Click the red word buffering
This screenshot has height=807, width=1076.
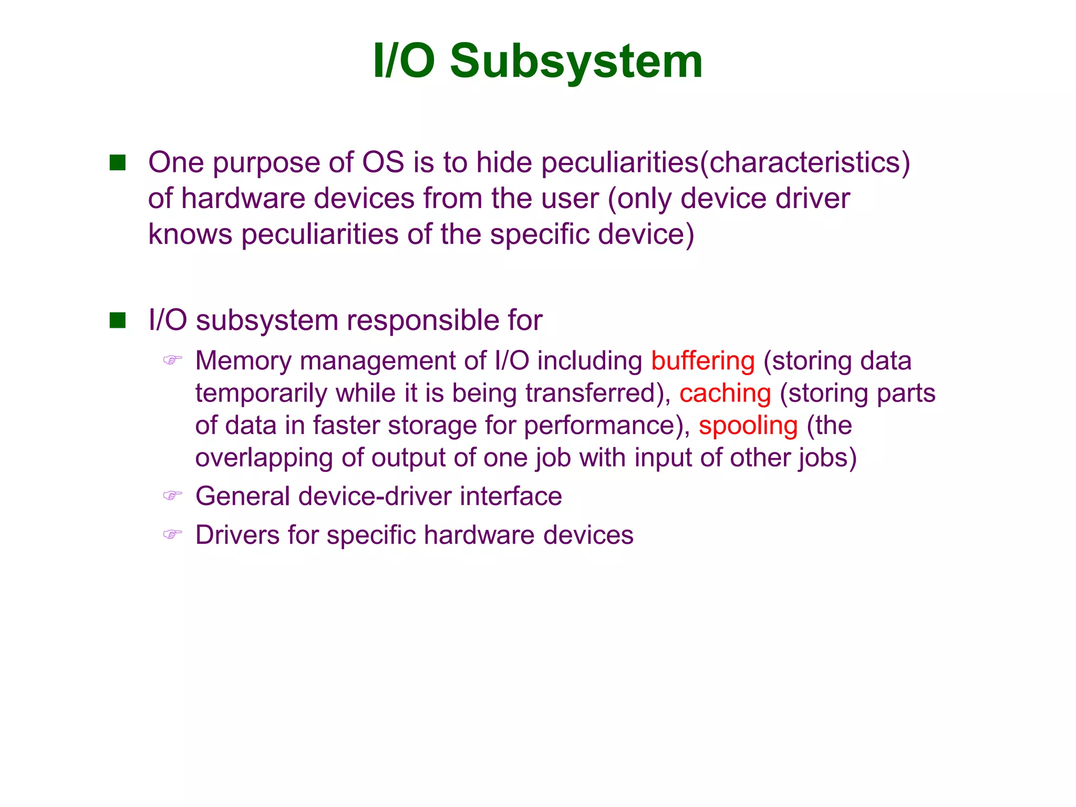702,361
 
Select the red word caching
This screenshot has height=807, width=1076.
725,393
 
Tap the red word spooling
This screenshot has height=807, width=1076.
748,426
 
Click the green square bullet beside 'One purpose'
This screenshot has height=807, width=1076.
118,163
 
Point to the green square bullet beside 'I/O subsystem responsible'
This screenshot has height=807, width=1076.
118,320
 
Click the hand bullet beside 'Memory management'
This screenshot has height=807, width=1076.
172,360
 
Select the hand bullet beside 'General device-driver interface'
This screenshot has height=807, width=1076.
172,495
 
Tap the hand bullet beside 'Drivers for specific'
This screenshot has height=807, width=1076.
172,535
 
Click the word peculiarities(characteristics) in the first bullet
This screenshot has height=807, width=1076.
726,163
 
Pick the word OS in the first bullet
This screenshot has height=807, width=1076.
383,162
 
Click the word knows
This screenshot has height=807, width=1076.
190,234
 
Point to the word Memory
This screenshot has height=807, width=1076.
243,361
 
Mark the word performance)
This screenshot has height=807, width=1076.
607,426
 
